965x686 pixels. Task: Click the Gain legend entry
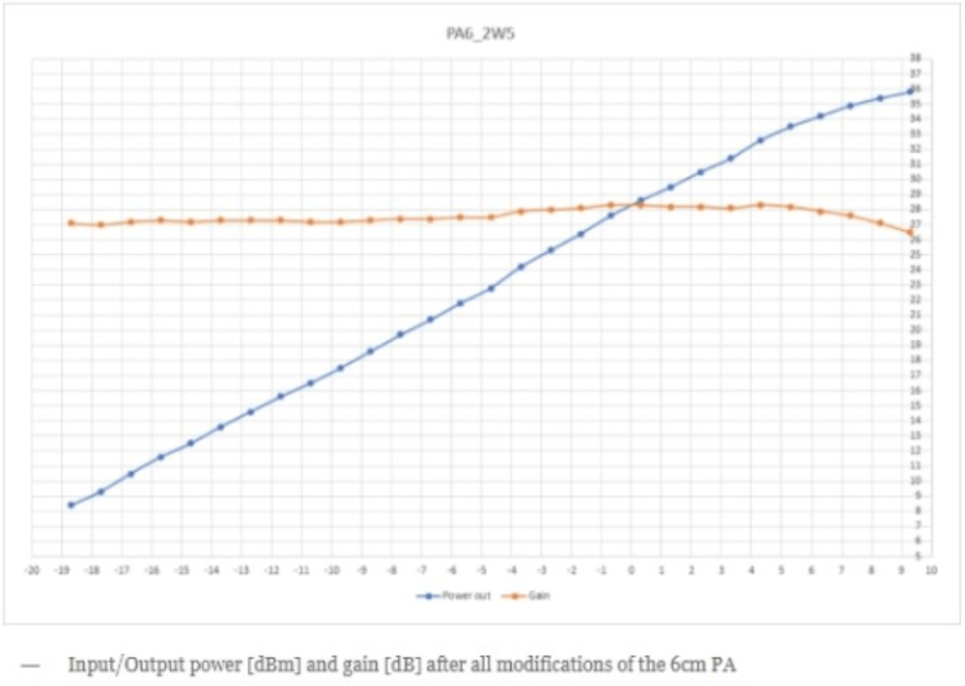click(533, 596)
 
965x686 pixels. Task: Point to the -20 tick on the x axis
click(32, 570)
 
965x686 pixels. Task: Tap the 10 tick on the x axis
click(931, 570)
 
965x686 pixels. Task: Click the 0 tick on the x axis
click(631, 570)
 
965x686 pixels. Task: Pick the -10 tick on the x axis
click(332, 570)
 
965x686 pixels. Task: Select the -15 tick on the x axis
click(183, 570)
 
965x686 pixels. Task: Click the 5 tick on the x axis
click(781, 570)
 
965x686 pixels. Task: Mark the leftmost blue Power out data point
click(71, 505)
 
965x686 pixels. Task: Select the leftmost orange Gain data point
click(71, 223)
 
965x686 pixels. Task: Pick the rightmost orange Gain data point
click(910, 232)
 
